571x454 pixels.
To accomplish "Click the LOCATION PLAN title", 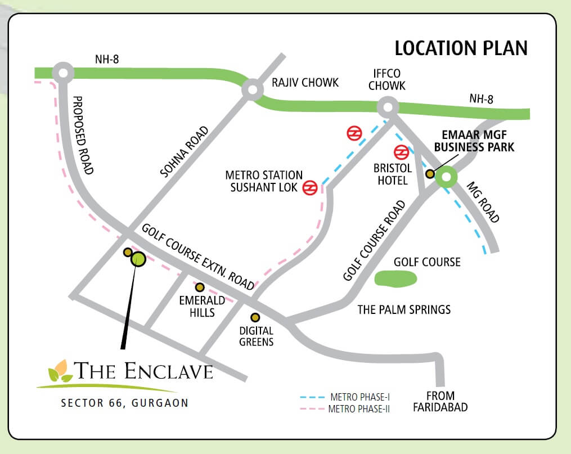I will [461, 48].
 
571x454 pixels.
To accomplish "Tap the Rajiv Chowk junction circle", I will [253, 89].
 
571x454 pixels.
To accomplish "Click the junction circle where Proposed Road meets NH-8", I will [62, 73].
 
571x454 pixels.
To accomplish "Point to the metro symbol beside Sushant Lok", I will [310, 188].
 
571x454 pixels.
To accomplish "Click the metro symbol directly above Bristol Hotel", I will [401, 152].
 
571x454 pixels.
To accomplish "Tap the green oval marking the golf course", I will [395, 278].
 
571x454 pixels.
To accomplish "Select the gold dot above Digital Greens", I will [255, 317].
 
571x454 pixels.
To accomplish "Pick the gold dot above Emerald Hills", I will [199, 287].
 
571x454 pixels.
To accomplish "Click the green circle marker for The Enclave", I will [138, 259].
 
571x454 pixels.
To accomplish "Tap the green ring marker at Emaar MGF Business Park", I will [446, 177].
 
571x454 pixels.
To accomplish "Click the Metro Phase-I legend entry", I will [345, 397].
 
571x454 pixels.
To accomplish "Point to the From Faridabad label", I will [440, 402].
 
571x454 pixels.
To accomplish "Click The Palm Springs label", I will [404, 309].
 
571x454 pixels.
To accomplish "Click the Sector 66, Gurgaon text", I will [125, 403].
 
